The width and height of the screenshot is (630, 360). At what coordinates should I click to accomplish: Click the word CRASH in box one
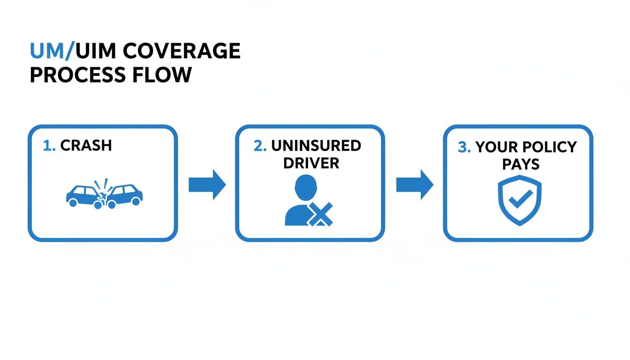86,145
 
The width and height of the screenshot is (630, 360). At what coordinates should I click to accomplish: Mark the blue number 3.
464,147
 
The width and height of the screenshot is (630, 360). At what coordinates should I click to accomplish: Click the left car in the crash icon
82,195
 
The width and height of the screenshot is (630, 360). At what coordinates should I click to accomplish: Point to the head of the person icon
306,187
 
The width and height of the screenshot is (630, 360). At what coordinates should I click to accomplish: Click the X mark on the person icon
320,215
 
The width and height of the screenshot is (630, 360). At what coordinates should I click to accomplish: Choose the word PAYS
521,165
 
